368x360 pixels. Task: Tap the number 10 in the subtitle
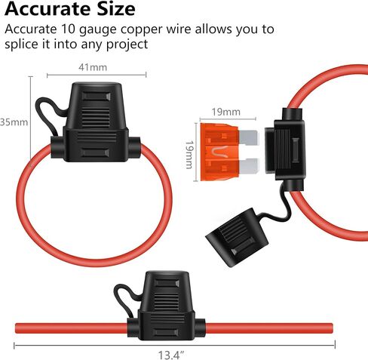click(x=68, y=29)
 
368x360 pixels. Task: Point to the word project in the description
click(x=127, y=45)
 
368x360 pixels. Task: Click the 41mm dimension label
click(x=93, y=67)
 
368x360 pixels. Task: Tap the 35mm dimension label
click(x=14, y=122)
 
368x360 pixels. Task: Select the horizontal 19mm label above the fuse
click(x=226, y=112)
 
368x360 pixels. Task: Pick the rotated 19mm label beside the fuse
click(x=189, y=155)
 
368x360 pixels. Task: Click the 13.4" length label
click(x=171, y=355)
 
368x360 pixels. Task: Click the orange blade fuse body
click(x=219, y=152)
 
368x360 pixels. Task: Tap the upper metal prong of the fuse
click(x=248, y=138)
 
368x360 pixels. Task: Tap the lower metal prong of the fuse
click(x=249, y=166)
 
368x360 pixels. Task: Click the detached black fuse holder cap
click(x=237, y=237)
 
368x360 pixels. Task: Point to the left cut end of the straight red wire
click(x=17, y=328)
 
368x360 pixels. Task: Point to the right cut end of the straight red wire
click(x=332, y=328)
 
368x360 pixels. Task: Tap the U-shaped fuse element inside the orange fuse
click(x=217, y=152)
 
